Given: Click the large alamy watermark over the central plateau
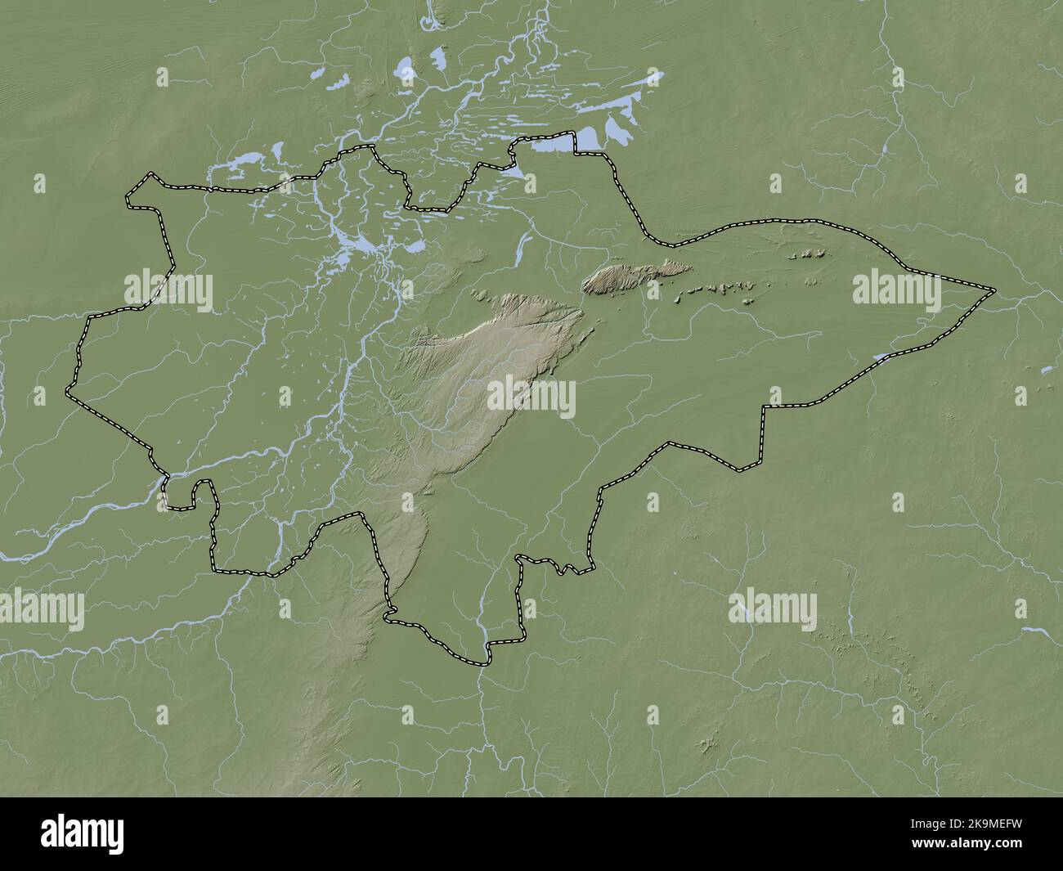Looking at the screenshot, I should click(531, 397).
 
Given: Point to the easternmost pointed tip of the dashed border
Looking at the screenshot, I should click(993, 290).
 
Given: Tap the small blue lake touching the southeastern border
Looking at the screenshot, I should click(880, 357).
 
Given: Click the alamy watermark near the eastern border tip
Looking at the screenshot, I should click(896, 290).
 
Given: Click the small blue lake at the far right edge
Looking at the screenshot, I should click(1046, 370).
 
